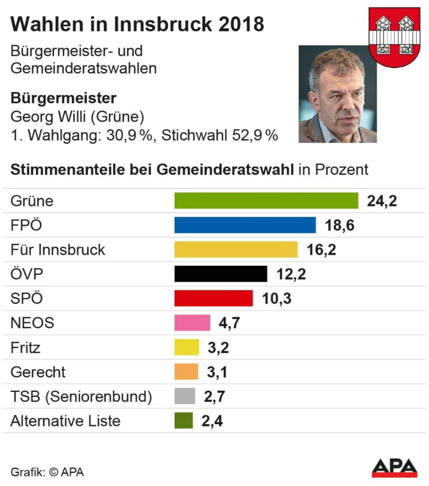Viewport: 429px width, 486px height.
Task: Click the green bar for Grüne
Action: pyautogui.click(x=266, y=201)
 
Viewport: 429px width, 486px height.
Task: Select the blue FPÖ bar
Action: pyautogui.click(x=245, y=225)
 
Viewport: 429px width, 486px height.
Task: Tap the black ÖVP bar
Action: pyautogui.click(x=221, y=274)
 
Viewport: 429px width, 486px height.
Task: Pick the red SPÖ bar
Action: pyautogui.click(x=213, y=298)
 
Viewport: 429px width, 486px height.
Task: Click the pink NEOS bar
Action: pyautogui.click(x=192, y=323)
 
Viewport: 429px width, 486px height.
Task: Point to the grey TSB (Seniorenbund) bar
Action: pyautogui.click(x=184, y=396)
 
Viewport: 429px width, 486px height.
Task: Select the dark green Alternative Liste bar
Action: pyautogui.click(x=183, y=420)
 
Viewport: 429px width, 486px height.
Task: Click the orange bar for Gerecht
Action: pyautogui.click(x=186, y=371)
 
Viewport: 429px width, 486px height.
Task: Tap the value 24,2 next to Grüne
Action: pyautogui.click(x=382, y=201)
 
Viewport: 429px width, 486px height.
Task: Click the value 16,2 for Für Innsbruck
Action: pyautogui.click(x=321, y=250)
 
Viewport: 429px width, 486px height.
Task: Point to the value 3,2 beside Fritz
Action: pyautogui.click(x=218, y=347)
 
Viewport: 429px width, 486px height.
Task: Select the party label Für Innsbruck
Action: pyautogui.click(x=58, y=250)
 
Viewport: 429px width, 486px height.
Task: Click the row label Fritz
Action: pyautogui.click(x=25, y=347)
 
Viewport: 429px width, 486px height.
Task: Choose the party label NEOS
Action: pyautogui.click(x=32, y=323)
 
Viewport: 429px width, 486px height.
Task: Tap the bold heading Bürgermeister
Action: pyautogui.click(x=63, y=98)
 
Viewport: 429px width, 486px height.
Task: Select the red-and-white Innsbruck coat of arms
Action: pyautogui.click(x=394, y=37)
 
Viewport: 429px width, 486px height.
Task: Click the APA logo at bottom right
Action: pyautogui.click(x=394, y=468)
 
